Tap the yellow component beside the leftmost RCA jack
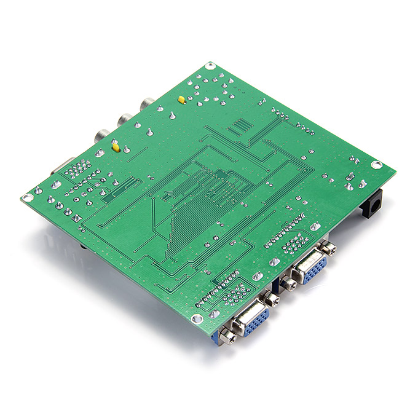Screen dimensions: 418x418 115,146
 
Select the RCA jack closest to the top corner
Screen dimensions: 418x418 148,104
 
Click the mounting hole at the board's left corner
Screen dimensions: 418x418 26,197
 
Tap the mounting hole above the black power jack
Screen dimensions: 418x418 377,165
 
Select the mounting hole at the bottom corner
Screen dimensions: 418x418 196,319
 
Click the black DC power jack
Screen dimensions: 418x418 372,206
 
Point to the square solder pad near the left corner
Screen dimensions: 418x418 77,218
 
